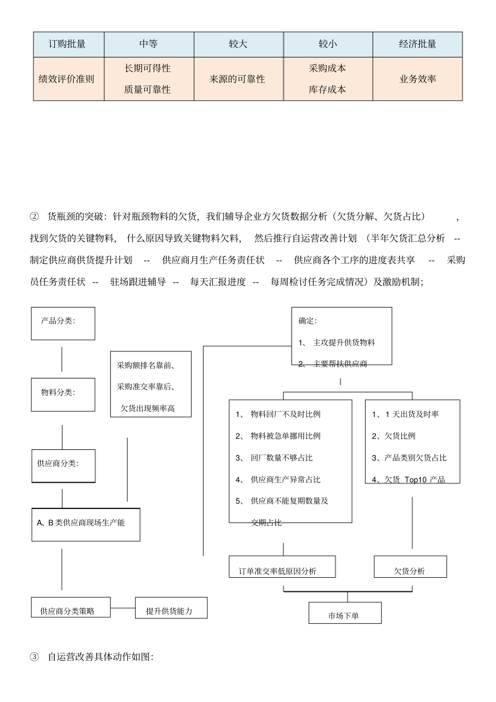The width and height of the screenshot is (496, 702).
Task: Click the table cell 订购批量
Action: point(67,44)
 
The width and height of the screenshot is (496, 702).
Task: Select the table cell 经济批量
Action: point(417,44)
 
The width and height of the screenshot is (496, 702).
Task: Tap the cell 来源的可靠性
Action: point(238,79)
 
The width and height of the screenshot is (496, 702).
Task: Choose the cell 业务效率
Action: point(417,79)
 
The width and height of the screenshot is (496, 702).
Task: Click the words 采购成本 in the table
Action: point(327,68)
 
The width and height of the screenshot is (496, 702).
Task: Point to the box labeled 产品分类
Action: point(63,323)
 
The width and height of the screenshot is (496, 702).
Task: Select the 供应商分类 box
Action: point(63,466)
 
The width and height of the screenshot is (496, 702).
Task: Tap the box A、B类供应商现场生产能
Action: point(86,524)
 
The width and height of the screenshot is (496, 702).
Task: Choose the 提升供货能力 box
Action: point(171,608)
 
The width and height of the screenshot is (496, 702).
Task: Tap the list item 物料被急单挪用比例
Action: point(285,436)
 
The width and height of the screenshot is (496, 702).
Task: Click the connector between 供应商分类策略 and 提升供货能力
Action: point(123,608)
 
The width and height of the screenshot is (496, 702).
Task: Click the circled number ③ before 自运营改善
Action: point(34,657)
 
